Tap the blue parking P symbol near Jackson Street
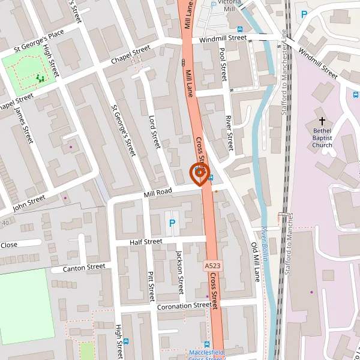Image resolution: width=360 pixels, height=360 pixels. tap(172, 223)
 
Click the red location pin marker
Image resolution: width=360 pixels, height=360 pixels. tap(198, 172)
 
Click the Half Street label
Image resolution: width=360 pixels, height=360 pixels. tap(146, 242)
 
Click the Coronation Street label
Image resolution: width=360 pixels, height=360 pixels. tap(184, 305)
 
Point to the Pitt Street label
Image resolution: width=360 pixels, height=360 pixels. tap(151, 286)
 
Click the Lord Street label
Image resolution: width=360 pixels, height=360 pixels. tap(154, 132)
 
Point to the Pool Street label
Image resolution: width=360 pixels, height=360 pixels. tap(223, 65)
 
